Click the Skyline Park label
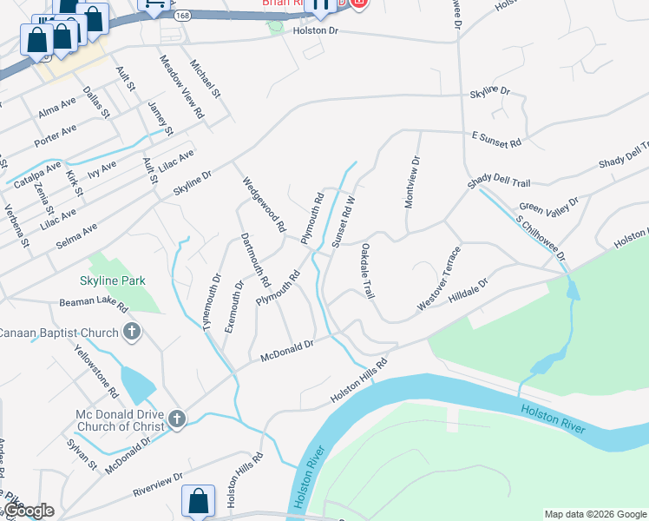(x=112, y=280)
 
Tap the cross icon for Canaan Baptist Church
(x=132, y=331)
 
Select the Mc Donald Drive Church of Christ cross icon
(x=176, y=419)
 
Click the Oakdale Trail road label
(x=366, y=273)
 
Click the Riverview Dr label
(x=157, y=483)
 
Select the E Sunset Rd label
(x=496, y=139)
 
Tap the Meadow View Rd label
(x=181, y=88)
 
